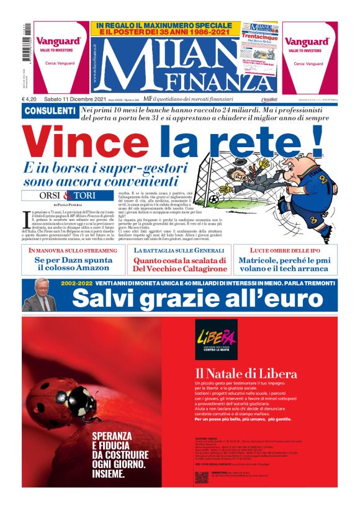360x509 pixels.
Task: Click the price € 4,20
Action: pyautogui.click(x=30, y=99)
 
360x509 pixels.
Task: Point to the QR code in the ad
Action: pyautogui.click(x=200, y=477)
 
